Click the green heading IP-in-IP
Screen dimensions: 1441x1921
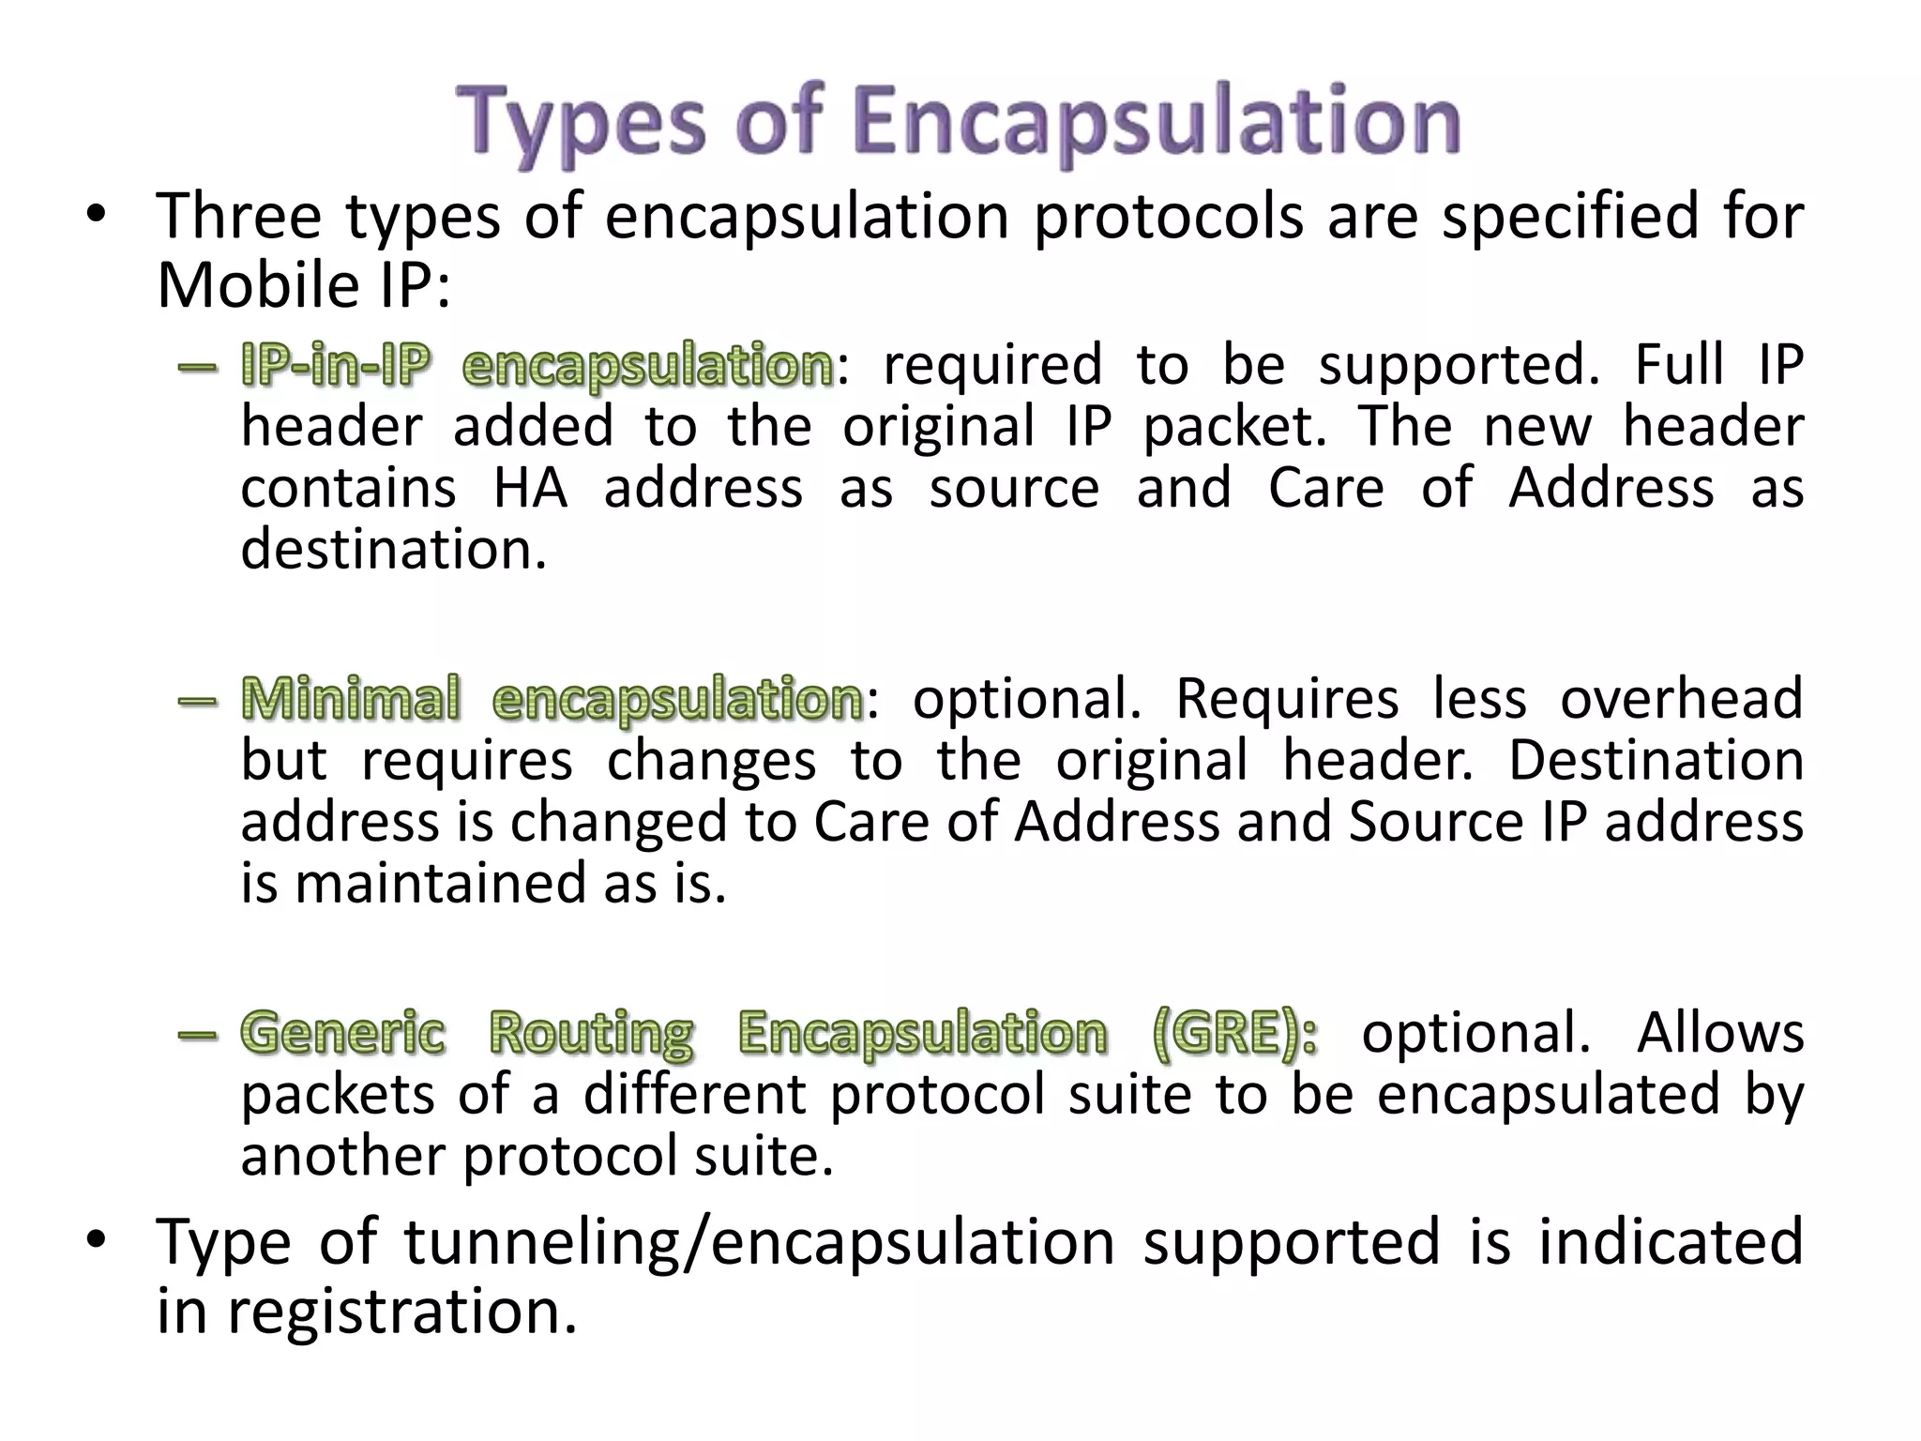[335, 366]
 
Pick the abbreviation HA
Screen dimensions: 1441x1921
[531, 488]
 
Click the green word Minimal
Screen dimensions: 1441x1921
[351, 700]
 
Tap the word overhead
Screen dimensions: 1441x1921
[1681, 699]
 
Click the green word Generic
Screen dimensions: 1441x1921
[342, 1034]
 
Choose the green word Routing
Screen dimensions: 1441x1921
[591, 1034]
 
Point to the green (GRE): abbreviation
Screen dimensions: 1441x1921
[1233, 1034]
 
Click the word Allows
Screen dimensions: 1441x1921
[1720, 1033]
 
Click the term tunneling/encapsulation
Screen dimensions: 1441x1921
[759, 1242]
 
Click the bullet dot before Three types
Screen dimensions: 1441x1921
[95, 217]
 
